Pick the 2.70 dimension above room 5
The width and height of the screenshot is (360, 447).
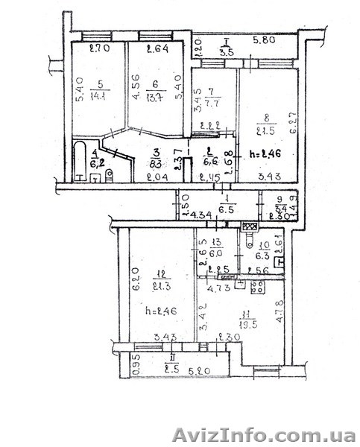[99, 50]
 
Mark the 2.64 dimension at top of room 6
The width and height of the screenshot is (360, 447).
[156, 51]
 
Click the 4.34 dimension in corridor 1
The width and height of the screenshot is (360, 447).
[201, 215]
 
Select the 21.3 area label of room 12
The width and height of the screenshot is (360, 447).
[160, 287]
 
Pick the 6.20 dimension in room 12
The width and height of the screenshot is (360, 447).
[136, 279]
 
